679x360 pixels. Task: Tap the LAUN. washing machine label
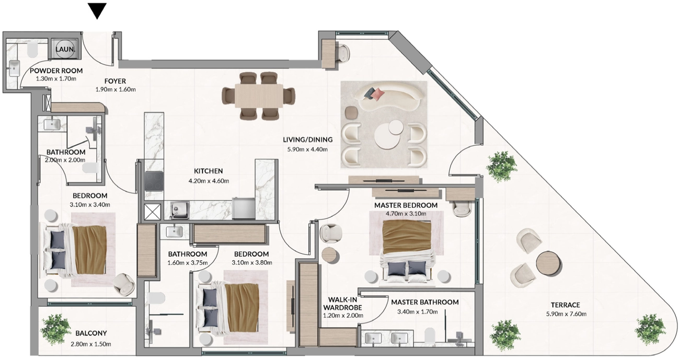(x=65, y=49)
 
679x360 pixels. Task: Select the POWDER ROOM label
(x=56, y=71)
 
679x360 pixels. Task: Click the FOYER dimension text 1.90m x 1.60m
(x=116, y=90)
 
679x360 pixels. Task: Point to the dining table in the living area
(x=259, y=96)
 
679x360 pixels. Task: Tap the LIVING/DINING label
(x=308, y=140)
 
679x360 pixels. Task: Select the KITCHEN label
(x=208, y=171)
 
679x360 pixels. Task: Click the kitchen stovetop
(x=154, y=181)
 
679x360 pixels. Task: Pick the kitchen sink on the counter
(x=179, y=210)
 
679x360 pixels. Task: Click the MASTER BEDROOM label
(x=406, y=205)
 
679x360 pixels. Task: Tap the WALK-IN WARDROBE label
(x=342, y=304)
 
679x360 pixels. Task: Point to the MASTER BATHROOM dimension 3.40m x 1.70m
(x=418, y=311)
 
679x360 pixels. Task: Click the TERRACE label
(x=566, y=305)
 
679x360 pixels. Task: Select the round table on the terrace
(x=549, y=263)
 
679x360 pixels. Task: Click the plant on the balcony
(x=55, y=330)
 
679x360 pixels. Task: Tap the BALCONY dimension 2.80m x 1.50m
(x=91, y=344)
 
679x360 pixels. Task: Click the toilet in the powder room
(x=32, y=50)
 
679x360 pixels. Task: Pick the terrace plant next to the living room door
(x=501, y=166)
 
